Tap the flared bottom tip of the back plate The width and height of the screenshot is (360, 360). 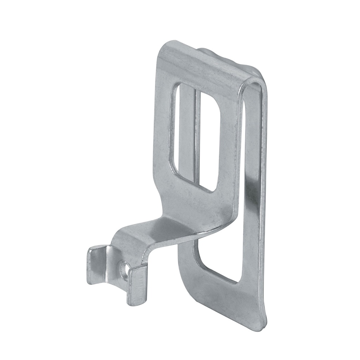260,327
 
